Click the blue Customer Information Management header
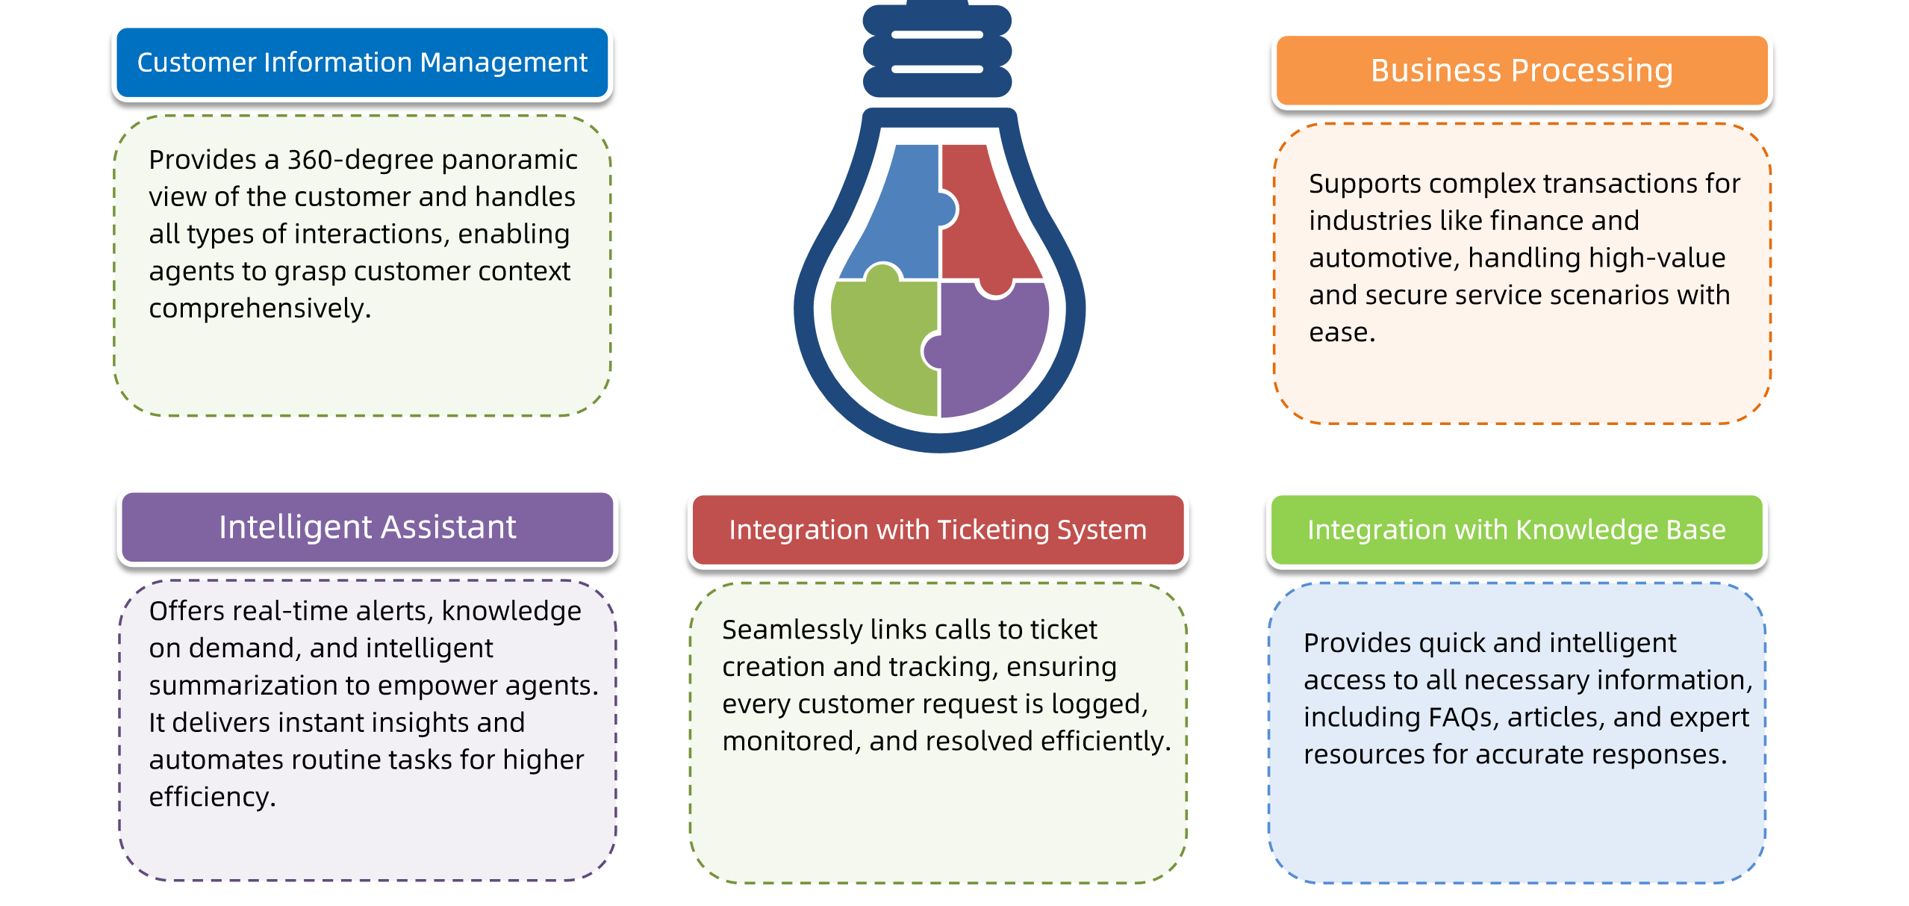point(362,63)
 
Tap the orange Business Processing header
point(1522,70)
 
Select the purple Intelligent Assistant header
point(367,527)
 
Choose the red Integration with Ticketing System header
point(938,530)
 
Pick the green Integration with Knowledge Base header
point(1517,530)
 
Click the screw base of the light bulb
point(937,51)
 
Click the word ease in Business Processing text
point(1342,332)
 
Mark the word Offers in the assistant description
point(187,611)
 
